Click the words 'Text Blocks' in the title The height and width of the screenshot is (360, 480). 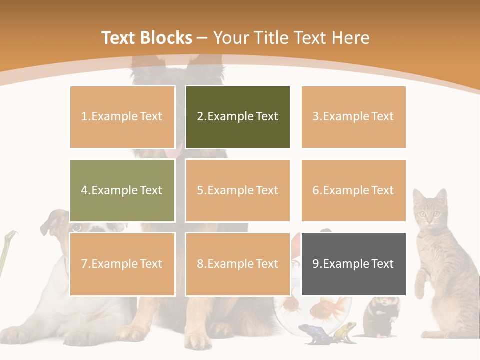point(146,38)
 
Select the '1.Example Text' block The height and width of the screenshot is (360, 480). point(122,117)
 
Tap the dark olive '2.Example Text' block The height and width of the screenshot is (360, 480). point(238,117)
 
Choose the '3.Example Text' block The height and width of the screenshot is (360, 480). point(353,117)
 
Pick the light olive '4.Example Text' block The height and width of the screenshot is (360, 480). point(122,190)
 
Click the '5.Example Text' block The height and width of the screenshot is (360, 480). point(238,190)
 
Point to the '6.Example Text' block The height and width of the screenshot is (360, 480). point(353,190)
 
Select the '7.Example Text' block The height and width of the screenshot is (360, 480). point(122,264)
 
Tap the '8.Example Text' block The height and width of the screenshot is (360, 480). point(238,264)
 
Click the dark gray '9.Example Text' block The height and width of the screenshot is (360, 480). point(353,264)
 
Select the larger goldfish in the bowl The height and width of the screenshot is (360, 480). point(330,306)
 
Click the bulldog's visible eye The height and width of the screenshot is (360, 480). point(77,228)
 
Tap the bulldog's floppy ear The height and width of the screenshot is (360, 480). point(50,222)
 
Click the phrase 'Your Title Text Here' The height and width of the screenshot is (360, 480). point(291,38)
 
